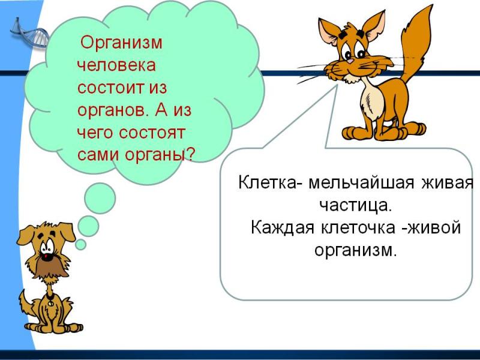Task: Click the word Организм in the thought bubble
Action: coord(121,43)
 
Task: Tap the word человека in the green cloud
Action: coord(116,65)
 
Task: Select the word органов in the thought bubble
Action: coord(112,110)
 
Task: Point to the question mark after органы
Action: coord(190,155)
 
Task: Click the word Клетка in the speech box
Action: coord(267,183)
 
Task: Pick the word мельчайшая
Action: coord(361,183)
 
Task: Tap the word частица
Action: coord(356,206)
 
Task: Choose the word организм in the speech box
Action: coord(355,251)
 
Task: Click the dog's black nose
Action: coord(47,257)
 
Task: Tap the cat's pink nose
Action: coord(350,61)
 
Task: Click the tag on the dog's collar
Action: coord(50,303)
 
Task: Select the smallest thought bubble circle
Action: coord(80,245)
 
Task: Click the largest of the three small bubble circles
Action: coord(100,198)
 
